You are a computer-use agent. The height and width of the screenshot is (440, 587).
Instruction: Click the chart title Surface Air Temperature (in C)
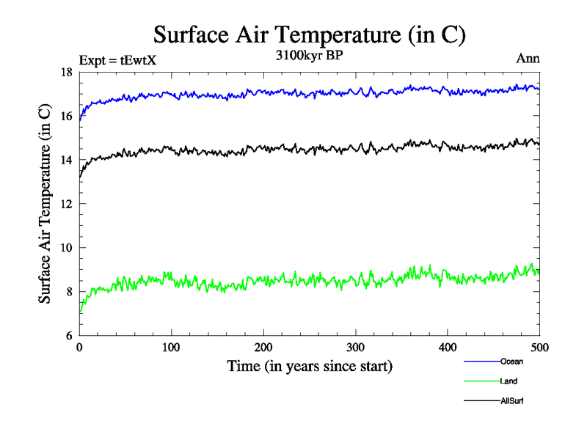coord(309,35)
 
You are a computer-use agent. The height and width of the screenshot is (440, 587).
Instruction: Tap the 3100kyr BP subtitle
coord(308,55)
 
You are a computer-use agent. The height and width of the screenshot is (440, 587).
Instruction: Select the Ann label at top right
coord(528,59)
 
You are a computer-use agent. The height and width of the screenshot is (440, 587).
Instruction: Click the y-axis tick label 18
coord(66,72)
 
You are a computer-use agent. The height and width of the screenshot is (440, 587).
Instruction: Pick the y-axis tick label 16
coord(66,116)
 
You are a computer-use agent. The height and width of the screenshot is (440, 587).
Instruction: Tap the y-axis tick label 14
coord(66,160)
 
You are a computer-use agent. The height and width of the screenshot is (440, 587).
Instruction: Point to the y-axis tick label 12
coord(66,204)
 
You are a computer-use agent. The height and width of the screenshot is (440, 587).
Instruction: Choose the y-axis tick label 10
coord(66,248)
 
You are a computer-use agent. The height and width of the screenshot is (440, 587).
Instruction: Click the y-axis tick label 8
coord(69,292)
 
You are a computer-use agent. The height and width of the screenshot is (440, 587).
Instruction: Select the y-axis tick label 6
coord(69,336)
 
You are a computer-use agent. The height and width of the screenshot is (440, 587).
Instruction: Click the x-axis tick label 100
coord(171,348)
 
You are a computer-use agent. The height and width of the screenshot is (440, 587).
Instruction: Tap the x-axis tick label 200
coord(263,348)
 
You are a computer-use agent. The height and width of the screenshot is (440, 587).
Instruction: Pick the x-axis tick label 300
coord(355,348)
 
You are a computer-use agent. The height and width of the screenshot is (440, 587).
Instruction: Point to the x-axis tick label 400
coord(448,348)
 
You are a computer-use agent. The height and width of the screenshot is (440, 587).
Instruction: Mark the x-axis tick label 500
coord(539,348)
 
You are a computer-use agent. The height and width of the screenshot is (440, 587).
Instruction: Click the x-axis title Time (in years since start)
coord(310,366)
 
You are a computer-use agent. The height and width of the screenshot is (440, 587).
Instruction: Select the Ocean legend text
coord(512,362)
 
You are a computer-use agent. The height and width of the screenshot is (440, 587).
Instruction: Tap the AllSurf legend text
coord(512,401)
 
